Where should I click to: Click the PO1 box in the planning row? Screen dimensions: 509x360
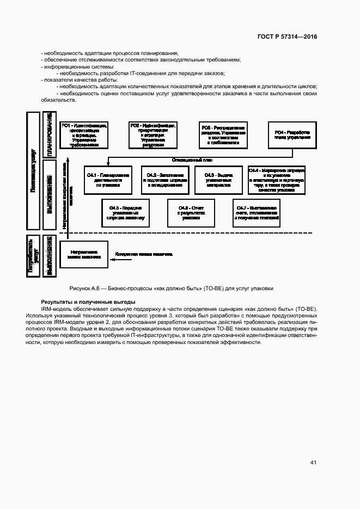[83, 135]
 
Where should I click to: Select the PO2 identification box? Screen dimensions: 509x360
[152, 135]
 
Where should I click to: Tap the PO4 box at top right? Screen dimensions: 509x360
[292, 135]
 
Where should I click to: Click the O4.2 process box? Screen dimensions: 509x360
[164, 180]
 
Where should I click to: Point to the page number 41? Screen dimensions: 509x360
[313, 463]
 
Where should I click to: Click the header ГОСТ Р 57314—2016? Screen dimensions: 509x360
[287, 36]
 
